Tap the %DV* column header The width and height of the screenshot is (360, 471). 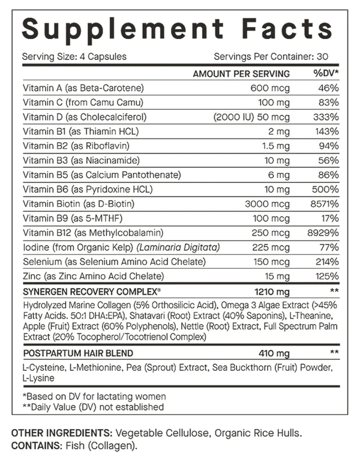(326, 74)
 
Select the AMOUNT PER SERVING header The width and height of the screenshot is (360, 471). (241, 74)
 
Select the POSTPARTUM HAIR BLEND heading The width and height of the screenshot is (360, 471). (78, 353)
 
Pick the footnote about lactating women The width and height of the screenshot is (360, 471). (94, 396)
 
